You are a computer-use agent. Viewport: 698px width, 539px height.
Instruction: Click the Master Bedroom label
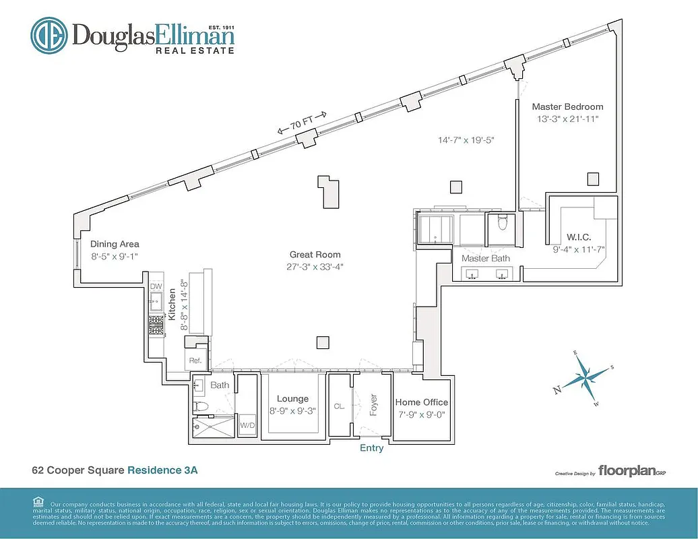[567, 106]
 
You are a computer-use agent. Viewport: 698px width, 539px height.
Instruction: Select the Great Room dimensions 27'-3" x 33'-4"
[315, 267]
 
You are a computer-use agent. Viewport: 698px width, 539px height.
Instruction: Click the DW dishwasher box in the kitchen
[156, 287]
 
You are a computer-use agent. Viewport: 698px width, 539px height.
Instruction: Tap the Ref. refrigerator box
[195, 360]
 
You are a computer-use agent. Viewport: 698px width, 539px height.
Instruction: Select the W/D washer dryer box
[247, 426]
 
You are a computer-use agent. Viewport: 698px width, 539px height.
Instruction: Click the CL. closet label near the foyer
[340, 406]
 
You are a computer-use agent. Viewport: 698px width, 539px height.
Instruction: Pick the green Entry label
[371, 448]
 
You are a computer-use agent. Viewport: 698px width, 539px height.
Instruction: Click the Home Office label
[422, 402]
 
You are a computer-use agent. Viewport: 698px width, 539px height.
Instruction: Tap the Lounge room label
[292, 399]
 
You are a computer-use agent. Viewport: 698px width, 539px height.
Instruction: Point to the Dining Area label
[115, 244]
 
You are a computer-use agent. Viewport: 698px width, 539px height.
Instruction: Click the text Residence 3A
[162, 470]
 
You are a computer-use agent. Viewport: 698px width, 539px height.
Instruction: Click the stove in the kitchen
[156, 325]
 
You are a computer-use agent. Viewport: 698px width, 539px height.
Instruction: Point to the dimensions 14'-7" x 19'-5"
[466, 141]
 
